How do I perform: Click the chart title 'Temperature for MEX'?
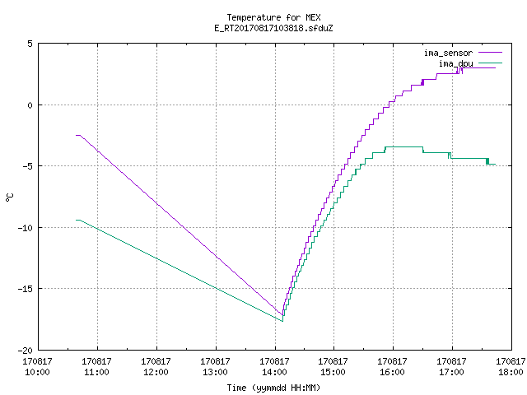(273, 17)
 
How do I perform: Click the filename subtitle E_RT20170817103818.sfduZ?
(273, 28)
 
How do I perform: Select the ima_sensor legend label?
(448, 53)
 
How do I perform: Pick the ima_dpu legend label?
(455, 63)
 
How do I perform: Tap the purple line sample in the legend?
(491, 53)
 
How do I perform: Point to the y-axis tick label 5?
(30, 44)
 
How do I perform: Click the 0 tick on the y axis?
(30, 105)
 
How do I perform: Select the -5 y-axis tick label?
(26, 166)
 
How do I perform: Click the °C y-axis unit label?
(9, 197)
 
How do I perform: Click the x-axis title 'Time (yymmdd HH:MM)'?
(273, 388)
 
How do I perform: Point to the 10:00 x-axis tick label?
(37, 366)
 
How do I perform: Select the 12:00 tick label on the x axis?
(156, 366)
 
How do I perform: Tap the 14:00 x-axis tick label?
(274, 366)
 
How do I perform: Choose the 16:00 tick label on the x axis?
(392, 366)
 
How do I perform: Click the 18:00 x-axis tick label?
(511, 366)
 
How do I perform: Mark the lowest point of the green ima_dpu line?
(282, 322)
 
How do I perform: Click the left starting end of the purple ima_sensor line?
(77, 135)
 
